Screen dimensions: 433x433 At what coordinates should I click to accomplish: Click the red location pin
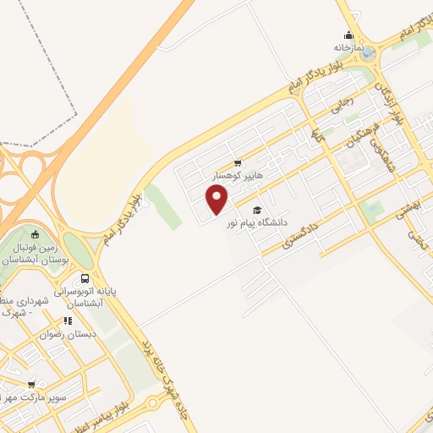pyautogui.click(x=217, y=200)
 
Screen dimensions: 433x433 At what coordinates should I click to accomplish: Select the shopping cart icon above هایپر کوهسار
pyautogui.click(x=238, y=163)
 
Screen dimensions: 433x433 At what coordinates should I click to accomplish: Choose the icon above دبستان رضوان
pyautogui.click(x=68, y=321)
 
